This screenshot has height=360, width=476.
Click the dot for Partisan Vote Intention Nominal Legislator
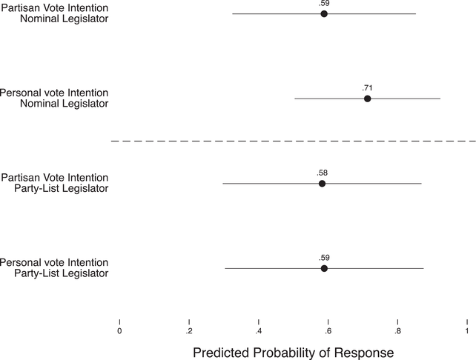[x=324, y=13]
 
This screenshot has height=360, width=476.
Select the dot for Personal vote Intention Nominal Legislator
[x=367, y=99]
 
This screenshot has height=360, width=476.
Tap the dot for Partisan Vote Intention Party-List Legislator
[x=322, y=183]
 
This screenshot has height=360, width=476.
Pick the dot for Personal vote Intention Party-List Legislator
[x=324, y=268]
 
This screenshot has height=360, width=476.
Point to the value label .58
[x=322, y=173]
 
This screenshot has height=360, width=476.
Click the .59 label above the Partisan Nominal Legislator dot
[x=324, y=4]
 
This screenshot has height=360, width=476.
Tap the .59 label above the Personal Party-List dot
[x=324, y=258]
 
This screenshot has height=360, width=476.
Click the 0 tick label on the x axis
[x=119, y=331]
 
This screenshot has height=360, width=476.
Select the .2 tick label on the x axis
[x=189, y=331]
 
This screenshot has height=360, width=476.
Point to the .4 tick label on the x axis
[x=258, y=331]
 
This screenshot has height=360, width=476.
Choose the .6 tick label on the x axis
[x=328, y=331]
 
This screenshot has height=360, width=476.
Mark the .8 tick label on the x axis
[x=397, y=331]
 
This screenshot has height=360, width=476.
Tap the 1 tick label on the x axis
[x=466, y=331]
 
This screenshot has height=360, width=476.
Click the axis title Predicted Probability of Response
[x=293, y=353]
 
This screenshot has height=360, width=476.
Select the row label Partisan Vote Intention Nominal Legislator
[x=55, y=13]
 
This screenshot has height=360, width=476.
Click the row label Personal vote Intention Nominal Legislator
[x=54, y=99]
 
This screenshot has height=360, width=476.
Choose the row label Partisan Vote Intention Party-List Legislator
[x=55, y=183]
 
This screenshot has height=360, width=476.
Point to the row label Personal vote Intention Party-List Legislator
[x=54, y=268]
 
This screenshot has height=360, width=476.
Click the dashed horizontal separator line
[x=293, y=141]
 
